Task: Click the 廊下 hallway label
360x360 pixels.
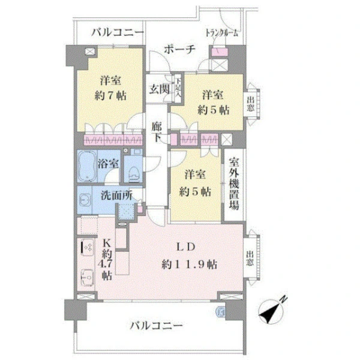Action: [x=157, y=132]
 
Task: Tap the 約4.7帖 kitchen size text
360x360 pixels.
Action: [x=107, y=260]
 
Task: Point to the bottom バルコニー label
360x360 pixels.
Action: [x=157, y=326]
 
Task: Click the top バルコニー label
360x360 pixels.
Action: [x=118, y=32]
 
